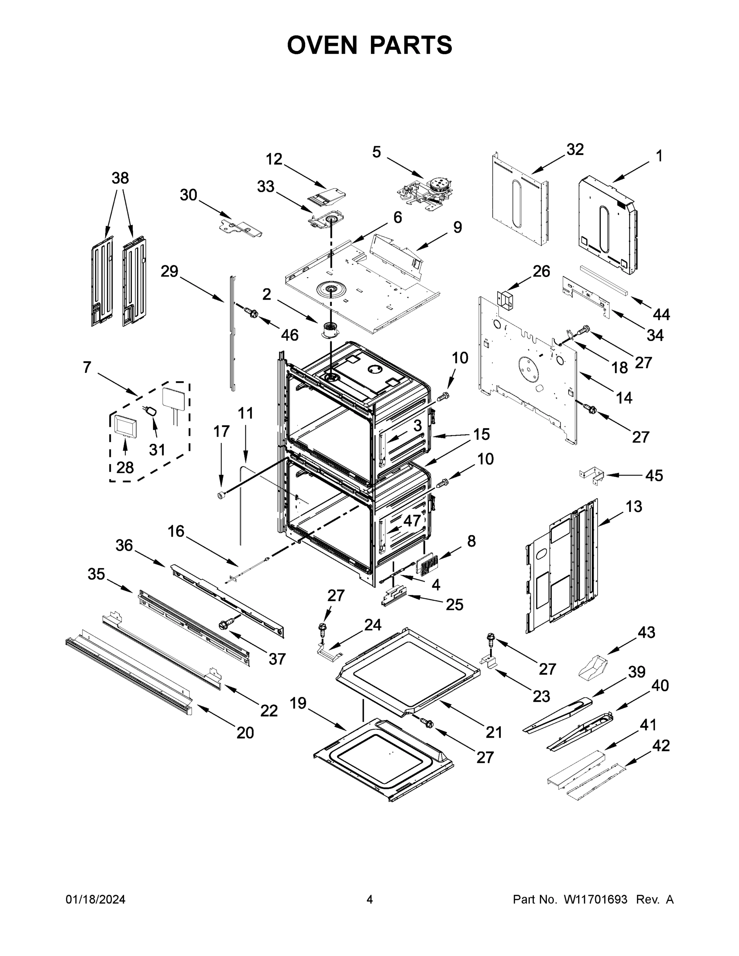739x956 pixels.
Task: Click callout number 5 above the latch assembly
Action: click(x=376, y=152)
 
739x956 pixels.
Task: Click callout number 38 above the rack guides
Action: click(x=120, y=178)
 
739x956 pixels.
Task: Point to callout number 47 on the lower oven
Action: click(x=412, y=521)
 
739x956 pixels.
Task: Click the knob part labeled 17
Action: click(x=222, y=495)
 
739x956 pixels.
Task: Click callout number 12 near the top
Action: click(x=274, y=159)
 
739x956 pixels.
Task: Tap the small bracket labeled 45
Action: click(x=592, y=476)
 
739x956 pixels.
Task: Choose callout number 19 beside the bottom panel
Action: click(x=298, y=703)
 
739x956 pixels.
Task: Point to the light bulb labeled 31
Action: click(x=151, y=411)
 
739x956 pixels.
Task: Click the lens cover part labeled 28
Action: click(x=125, y=425)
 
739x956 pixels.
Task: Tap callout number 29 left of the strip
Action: click(x=169, y=271)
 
